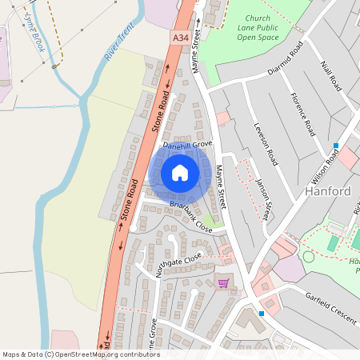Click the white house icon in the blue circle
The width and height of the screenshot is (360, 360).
[x=180, y=173]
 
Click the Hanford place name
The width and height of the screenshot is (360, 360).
[x=328, y=192]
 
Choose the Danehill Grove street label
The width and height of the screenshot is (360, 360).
[x=187, y=145]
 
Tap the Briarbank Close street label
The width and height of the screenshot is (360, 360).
[x=190, y=217]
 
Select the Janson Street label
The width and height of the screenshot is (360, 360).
[x=264, y=197]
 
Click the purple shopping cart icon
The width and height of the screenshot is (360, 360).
[x=223, y=282]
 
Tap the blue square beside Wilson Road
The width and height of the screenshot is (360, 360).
[x=337, y=146]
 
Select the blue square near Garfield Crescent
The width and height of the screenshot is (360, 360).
[x=262, y=313]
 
